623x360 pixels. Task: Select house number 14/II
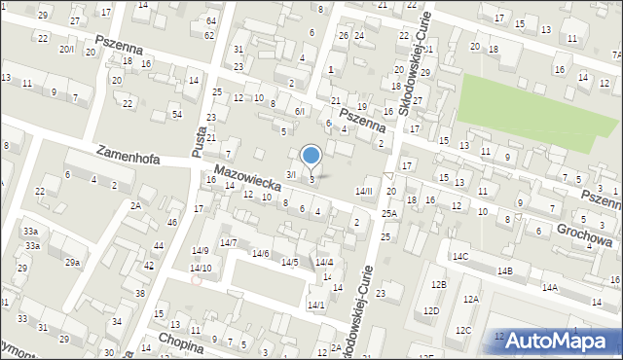pyautogui.click(x=363, y=191)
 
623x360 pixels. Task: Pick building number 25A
pyautogui.click(x=389, y=213)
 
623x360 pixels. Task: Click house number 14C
pyautogui.click(x=459, y=256)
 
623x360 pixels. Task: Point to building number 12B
pyautogui.click(x=439, y=284)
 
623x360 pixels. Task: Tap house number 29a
pyautogui.click(x=72, y=262)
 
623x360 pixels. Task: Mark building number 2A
pyautogui.click(x=136, y=205)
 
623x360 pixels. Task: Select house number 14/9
pyautogui.click(x=200, y=251)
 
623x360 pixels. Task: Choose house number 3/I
pyautogui.click(x=289, y=174)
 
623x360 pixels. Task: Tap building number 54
pyautogui.click(x=176, y=115)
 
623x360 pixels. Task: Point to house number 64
pyautogui.click(x=209, y=20)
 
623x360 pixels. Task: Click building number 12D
pyautogui.click(x=430, y=310)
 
